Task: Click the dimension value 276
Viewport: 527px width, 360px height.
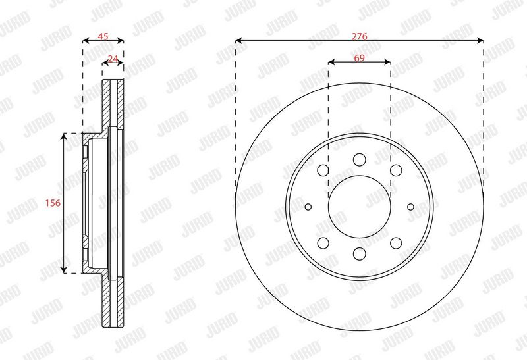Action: (x=359, y=36)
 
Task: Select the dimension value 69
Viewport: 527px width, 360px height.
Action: (x=359, y=58)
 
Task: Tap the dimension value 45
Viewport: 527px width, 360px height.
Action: (x=103, y=36)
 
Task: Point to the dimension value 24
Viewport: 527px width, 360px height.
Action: (x=113, y=59)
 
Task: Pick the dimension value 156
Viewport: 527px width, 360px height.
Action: (x=53, y=203)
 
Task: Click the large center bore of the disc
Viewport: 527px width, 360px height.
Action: (x=359, y=207)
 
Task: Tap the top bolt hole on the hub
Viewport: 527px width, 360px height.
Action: (x=359, y=159)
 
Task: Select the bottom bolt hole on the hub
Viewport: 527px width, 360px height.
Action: (x=359, y=253)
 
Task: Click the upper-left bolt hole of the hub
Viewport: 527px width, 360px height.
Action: (x=323, y=170)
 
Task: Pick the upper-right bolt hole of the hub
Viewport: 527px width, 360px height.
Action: (x=396, y=170)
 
